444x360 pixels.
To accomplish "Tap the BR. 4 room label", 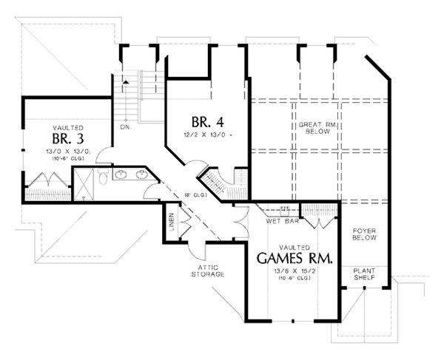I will pyautogui.click(x=202, y=122).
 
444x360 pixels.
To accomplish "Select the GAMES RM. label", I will pyautogui.click(x=295, y=258).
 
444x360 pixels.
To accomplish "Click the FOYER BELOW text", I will pyautogui.click(x=365, y=234).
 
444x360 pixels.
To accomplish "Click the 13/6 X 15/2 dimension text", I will pyautogui.click(x=295, y=272).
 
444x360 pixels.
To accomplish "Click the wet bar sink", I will pyautogui.click(x=283, y=209).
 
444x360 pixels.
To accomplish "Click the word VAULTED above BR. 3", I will pyautogui.click(x=69, y=126).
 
